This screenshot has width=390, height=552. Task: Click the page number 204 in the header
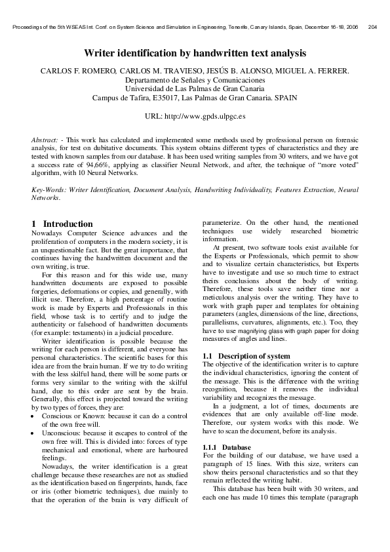373,28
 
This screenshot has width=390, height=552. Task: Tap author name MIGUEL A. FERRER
311,70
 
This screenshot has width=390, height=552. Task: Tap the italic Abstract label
44,140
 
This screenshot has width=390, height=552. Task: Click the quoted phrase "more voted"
336,168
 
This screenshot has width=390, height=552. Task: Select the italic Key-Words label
50,189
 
